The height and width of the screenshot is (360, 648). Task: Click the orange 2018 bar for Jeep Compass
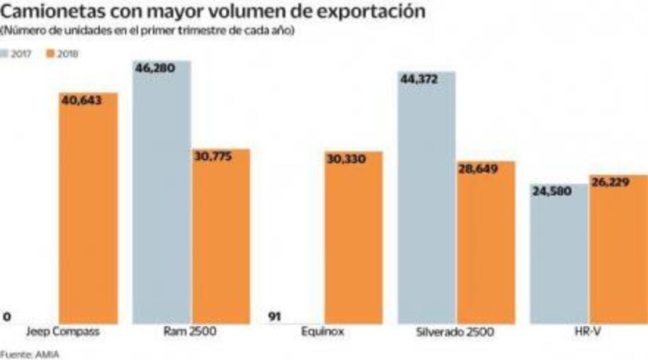pyautogui.click(x=88, y=209)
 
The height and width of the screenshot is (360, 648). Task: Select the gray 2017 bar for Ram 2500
pyautogui.click(x=162, y=192)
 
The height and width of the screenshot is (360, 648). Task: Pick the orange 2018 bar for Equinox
pyautogui.click(x=354, y=238)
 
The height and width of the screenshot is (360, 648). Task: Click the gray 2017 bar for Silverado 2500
pyautogui.click(x=427, y=197)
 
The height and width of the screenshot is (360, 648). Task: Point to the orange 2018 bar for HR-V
pyautogui.click(x=618, y=250)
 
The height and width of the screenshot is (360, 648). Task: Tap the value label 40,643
pyautogui.click(x=82, y=100)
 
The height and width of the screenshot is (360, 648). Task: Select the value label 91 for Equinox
pyautogui.click(x=275, y=316)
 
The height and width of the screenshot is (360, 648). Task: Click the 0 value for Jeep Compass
pyautogui.click(x=7, y=317)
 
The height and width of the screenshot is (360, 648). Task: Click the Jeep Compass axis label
pyautogui.click(x=63, y=332)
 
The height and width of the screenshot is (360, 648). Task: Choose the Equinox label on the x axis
pyautogui.click(x=323, y=332)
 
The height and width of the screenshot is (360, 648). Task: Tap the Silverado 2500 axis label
pyautogui.click(x=455, y=332)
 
